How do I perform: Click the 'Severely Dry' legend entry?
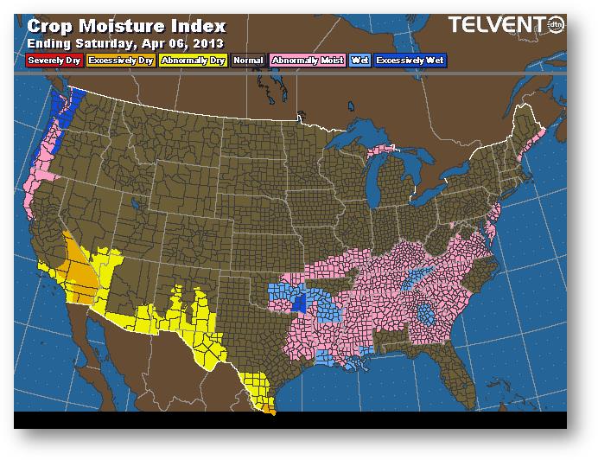(54, 61)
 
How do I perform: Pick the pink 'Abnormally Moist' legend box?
(307, 61)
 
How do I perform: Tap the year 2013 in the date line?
(207, 43)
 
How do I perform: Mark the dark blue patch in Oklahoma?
(300, 303)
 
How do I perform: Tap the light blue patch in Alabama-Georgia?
(425, 316)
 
